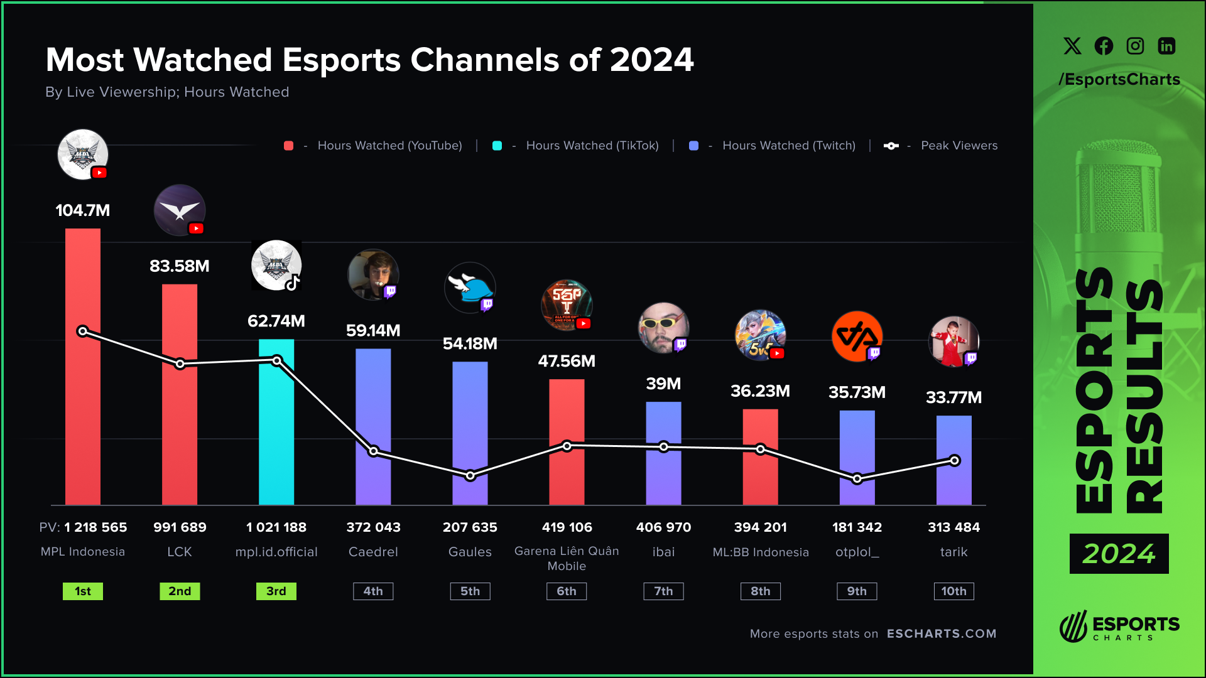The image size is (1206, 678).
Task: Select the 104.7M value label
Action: pos(83,210)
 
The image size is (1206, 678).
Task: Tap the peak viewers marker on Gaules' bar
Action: pos(470,476)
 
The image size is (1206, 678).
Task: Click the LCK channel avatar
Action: pos(180,210)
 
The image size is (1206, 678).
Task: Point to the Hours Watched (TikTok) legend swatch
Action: pos(497,146)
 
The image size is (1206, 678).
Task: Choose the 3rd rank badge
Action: pos(276,591)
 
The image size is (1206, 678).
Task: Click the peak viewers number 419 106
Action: pos(567,527)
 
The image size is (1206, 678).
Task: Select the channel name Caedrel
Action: pos(373,552)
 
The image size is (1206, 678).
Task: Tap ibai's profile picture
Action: pos(663,328)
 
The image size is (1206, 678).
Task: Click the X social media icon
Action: pos(1072,46)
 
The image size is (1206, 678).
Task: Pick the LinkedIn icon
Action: pos(1166,46)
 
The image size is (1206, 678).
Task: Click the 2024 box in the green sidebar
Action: pos(1119,554)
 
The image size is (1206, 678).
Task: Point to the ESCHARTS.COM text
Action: pos(942,634)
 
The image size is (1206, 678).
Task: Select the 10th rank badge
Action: pos(953,591)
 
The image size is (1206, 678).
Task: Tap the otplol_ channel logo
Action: pos(857,336)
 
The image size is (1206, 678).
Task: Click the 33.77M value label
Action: pos(953,397)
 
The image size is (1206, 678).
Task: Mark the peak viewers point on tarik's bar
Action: pos(955,461)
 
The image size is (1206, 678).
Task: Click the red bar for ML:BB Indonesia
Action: pos(760,477)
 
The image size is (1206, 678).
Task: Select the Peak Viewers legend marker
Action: pos(891,146)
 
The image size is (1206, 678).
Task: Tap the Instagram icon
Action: pos(1135,46)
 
